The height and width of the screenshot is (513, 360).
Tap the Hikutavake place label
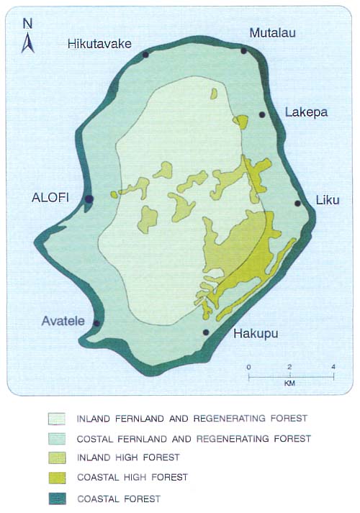pos(99,44)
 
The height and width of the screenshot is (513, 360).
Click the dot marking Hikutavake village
pos(145,54)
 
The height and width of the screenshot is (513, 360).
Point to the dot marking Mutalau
pos(243,50)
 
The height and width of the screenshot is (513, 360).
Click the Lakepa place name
pos(306,112)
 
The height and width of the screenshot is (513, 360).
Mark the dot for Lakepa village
pos(262,114)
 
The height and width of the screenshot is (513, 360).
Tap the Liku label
pos(328,201)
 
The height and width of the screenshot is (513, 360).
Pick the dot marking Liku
pos(297,204)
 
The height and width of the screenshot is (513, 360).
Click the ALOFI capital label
pos(50,199)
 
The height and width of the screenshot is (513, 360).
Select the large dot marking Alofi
pos(89,199)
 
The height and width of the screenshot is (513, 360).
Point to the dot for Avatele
pos(96,323)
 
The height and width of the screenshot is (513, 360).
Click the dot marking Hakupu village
pos(206,332)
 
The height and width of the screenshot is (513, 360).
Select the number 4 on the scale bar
pos(333,368)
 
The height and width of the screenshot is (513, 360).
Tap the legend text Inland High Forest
pos(128,458)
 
